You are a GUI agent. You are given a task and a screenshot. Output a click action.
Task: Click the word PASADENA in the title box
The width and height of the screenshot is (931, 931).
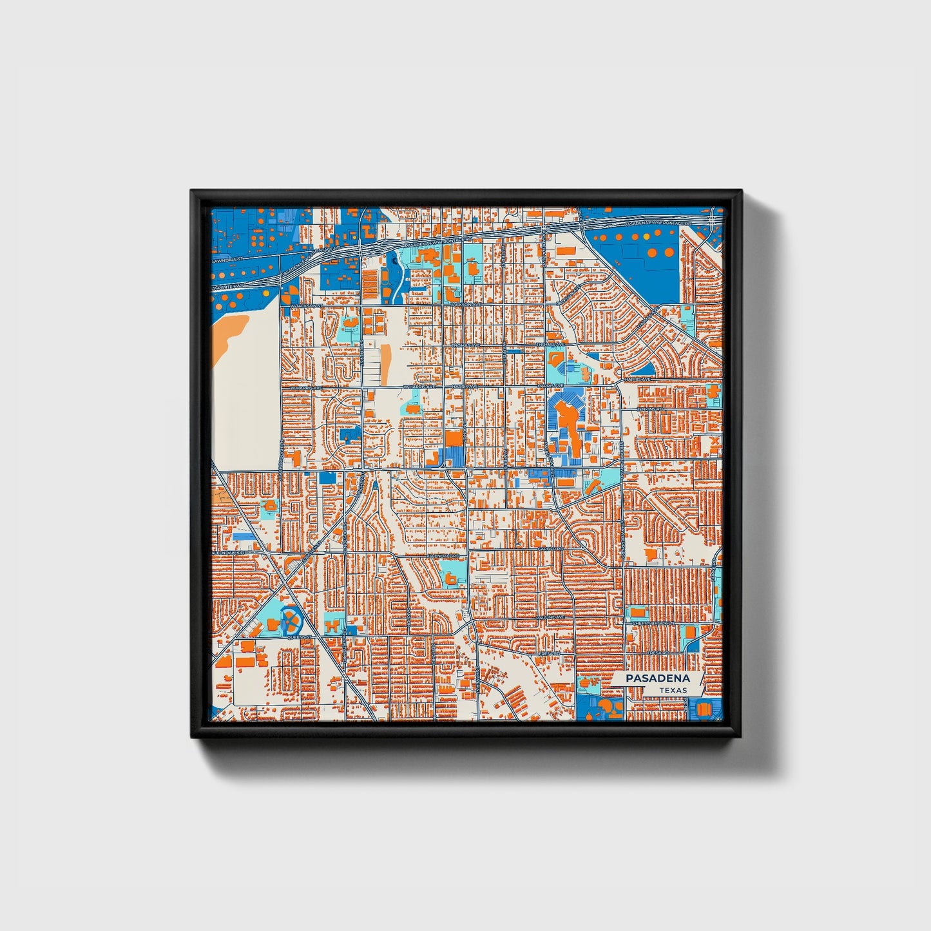657,678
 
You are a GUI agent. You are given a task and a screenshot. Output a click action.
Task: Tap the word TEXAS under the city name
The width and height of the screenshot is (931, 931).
673,690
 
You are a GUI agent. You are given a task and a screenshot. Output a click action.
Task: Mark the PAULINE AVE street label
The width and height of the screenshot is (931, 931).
551,617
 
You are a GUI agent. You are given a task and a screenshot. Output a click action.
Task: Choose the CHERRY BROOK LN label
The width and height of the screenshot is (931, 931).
653,624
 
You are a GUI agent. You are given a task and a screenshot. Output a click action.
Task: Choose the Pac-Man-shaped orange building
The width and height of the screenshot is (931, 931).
606,710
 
